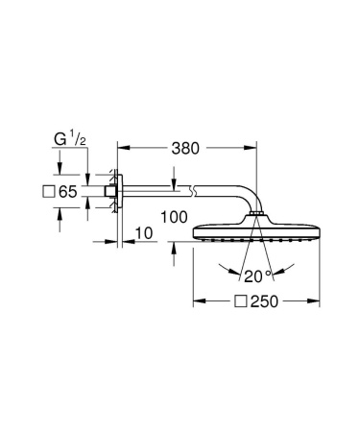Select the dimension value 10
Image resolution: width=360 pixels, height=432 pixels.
pos(144,233)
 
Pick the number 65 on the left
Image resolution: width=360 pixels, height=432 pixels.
pos(67,193)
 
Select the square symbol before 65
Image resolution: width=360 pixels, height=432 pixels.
pos(48,193)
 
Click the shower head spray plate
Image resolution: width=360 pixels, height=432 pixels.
pos(255,235)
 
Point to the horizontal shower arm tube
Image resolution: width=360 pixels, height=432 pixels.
pos(182,194)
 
